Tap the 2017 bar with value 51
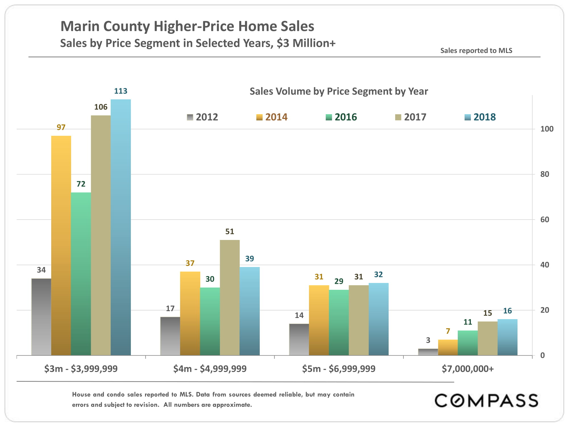230,297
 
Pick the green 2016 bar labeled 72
81,274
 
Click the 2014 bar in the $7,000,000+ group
448,347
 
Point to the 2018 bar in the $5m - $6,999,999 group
378,319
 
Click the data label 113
121,91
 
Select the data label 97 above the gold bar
61,127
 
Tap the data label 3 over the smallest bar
428,340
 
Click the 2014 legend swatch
259,117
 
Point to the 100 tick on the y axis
547,129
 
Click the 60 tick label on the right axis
545,219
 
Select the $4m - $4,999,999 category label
210,369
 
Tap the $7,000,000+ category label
467,369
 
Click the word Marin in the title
80,26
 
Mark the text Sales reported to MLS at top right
476,51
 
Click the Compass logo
486,400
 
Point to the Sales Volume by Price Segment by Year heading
339,91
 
